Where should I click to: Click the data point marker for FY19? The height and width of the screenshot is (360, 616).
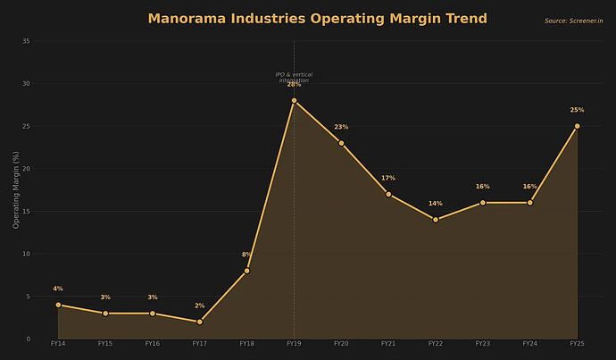coord(294,101)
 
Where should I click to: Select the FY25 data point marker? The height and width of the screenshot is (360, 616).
coord(577,126)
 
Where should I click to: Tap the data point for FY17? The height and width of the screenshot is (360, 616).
coord(199,322)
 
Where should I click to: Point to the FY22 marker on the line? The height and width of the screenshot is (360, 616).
coord(436,220)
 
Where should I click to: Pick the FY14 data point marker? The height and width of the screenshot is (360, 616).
coord(58,305)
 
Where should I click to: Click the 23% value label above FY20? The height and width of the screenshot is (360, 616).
coord(341,128)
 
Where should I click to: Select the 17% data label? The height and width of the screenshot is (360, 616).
coord(388,179)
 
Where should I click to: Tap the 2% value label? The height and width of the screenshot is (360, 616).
coord(199,306)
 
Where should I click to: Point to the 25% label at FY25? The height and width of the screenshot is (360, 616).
coord(577,111)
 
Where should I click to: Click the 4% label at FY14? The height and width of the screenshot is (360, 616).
coord(58,289)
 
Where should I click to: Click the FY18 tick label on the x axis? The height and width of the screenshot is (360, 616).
coord(246,344)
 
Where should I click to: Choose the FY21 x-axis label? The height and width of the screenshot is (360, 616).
coord(388,344)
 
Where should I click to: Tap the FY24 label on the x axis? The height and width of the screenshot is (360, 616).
coord(529,344)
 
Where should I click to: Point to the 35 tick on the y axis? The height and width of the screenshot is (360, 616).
coord(26,41)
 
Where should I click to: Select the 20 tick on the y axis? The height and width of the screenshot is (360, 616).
coord(26,169)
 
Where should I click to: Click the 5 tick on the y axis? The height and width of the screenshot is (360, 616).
coord(28,297)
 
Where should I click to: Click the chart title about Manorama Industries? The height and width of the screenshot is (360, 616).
coord(318,19)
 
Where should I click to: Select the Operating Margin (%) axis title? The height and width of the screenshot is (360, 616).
coord(16,189)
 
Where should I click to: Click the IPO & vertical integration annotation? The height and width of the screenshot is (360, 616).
coord(294,78)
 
